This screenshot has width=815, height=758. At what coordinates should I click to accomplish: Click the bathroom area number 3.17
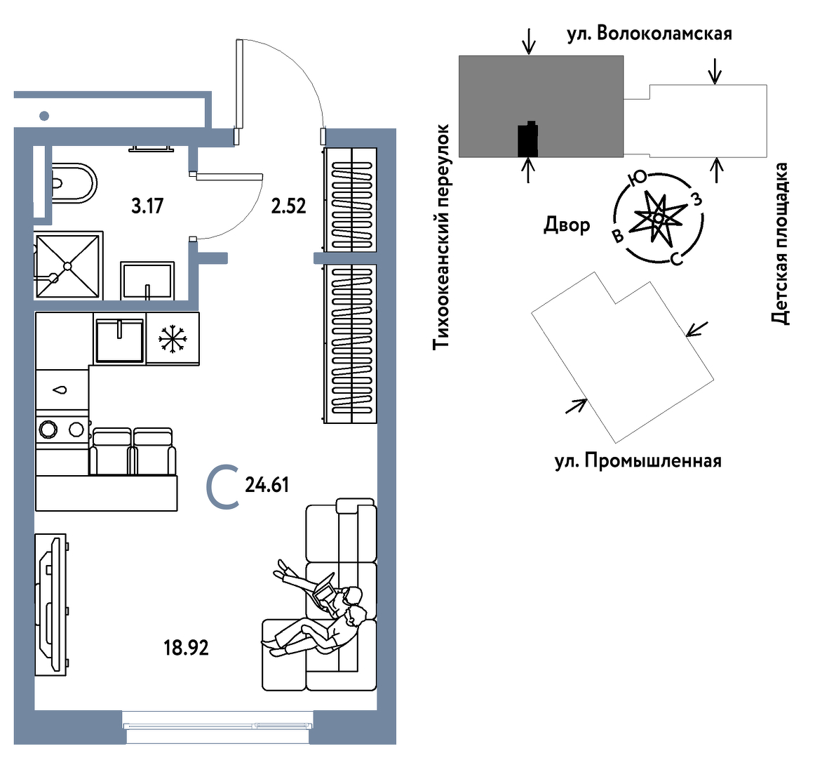click(x=147, y=206)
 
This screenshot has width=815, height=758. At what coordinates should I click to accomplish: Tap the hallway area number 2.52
click(x=288, y=206)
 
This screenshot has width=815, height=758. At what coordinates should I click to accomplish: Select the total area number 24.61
click(x=267, y=485)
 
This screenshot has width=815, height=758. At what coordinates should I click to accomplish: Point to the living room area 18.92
click(x=186, y=647)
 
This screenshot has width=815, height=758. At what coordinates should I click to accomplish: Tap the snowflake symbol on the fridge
click(x=173, y=338)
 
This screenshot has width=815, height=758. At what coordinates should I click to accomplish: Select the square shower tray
click(x=67, y=266)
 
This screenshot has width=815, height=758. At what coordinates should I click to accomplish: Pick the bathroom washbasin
click(x=147, y=281)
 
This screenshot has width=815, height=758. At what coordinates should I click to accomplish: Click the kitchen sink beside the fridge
click(x=119, y=340)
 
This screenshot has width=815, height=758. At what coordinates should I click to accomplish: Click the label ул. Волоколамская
click(x=649, y=34)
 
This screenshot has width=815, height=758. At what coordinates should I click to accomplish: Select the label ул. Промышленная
click(x=638, y=461)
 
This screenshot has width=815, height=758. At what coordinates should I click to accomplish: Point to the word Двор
click(x=567, y=225)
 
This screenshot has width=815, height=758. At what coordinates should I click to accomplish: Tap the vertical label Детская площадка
click(x=780, y=244)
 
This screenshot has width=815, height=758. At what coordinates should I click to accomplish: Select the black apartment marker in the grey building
click(x=527, y=139)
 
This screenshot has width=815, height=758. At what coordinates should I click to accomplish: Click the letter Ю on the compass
click(x=637, y=180)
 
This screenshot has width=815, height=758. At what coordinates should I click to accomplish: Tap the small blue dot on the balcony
click(x=44, y=116)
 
